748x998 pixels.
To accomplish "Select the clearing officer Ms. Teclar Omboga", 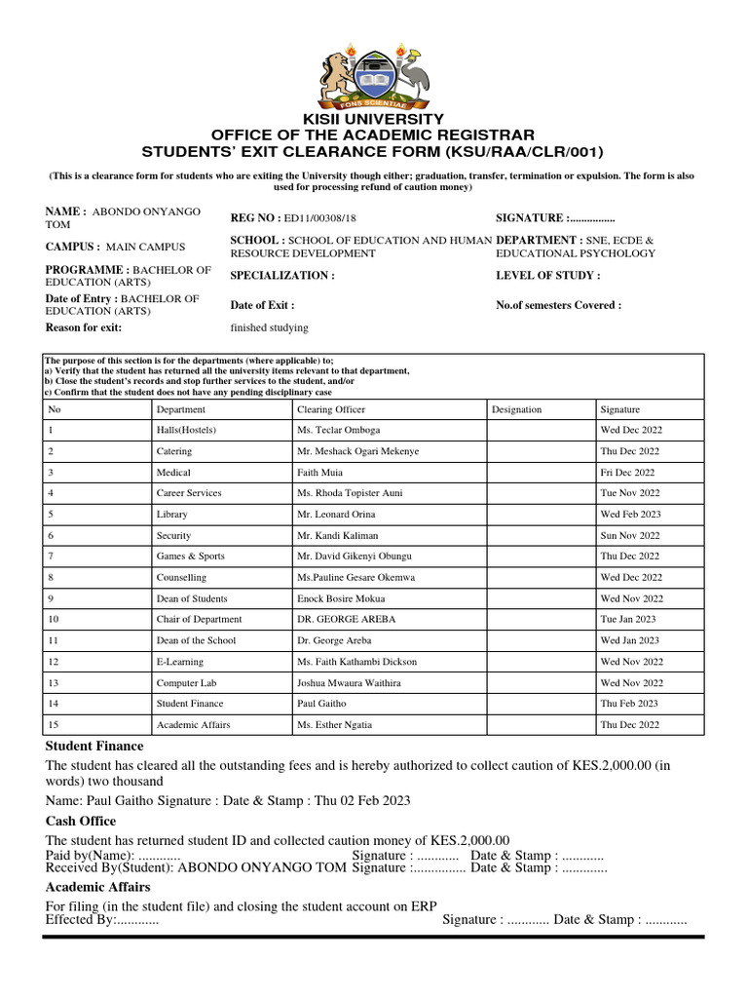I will click(339, 430).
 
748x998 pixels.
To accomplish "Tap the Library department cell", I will click(172, 514).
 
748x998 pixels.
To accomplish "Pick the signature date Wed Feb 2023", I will click(630, 514).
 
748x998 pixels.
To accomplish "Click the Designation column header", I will click(517, 409).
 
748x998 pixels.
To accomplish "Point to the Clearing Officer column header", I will click(331, 409).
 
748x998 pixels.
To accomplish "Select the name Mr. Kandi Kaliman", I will click(338, 535).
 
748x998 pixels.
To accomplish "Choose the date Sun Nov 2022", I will click(630, 535).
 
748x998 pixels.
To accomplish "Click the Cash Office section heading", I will click(81, 821).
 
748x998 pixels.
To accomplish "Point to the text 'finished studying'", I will click(269, 327).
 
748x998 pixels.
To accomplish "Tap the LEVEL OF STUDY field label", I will click(547, 276).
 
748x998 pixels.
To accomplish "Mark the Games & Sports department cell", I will click(191, 556).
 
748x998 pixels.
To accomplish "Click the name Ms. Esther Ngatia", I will click(334, 724).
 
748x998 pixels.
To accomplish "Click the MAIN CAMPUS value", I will click(145, 247).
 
